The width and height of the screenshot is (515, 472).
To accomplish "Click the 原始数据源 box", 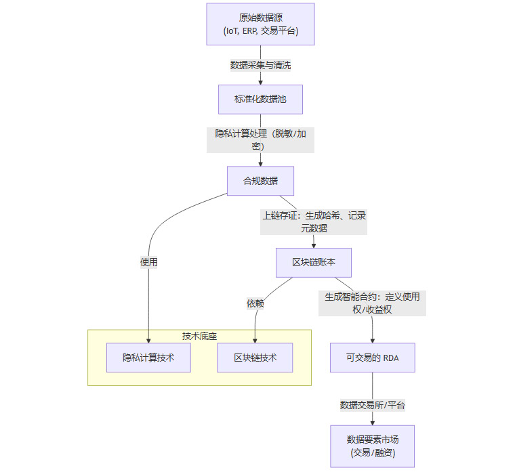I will [x=260, y=24].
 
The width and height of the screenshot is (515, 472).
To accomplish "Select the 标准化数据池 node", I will [x=260, y=100].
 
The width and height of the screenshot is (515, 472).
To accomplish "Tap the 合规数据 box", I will [x=260, y=181].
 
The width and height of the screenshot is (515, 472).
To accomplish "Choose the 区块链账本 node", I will [x=314, y=262].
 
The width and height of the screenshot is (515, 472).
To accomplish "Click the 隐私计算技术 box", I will [x=148, y=358].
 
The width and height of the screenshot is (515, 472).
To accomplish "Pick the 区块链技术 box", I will [x=255, y=358].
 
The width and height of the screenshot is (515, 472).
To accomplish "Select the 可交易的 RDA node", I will [x=372, y=358].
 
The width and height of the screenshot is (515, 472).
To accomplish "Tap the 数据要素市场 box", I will [x=372, y=446].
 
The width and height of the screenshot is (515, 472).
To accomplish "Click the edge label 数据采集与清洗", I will [x=260, y=65].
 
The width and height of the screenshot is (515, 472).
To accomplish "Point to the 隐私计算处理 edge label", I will [x=260, y=140].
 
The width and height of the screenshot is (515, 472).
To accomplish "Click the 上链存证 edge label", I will [x=314, y=221].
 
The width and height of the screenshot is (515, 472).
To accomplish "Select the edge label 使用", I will [x=148, y=262].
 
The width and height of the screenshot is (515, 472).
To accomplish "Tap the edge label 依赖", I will [x=255, y=303].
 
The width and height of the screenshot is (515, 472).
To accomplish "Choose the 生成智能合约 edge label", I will [x=372, y=303].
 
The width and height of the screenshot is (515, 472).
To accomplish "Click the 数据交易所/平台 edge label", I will [x=372, y=405].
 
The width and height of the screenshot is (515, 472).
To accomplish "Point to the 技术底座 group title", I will [x=199, y=336].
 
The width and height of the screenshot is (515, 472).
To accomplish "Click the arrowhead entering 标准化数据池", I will [x=260, y=82].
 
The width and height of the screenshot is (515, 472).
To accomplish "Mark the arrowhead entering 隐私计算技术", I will [x=148, y=340].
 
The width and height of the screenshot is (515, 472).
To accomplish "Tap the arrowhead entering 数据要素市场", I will [x=372, y=422].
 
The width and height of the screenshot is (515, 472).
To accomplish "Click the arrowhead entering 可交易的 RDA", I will [x=372, y=340].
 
